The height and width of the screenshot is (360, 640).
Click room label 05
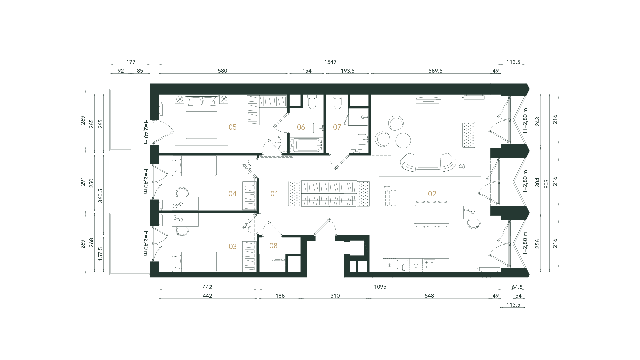232,127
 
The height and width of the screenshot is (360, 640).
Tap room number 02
432,194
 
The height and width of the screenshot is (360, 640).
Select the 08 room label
273,246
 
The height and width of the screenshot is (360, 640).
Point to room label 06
301,127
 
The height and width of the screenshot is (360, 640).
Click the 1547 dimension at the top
330,62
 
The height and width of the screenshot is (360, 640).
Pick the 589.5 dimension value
435,71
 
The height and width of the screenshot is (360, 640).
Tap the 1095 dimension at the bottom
380,287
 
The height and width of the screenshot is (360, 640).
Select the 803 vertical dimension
546,184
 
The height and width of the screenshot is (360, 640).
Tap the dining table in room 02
431,215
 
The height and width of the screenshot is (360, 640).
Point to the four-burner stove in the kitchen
429,265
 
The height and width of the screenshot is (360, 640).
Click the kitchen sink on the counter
403,265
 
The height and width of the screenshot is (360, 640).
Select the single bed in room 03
194,262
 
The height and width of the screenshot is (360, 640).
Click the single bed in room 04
194,166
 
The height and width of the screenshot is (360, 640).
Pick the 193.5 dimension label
347,71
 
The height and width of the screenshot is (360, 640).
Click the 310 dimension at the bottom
335,296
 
